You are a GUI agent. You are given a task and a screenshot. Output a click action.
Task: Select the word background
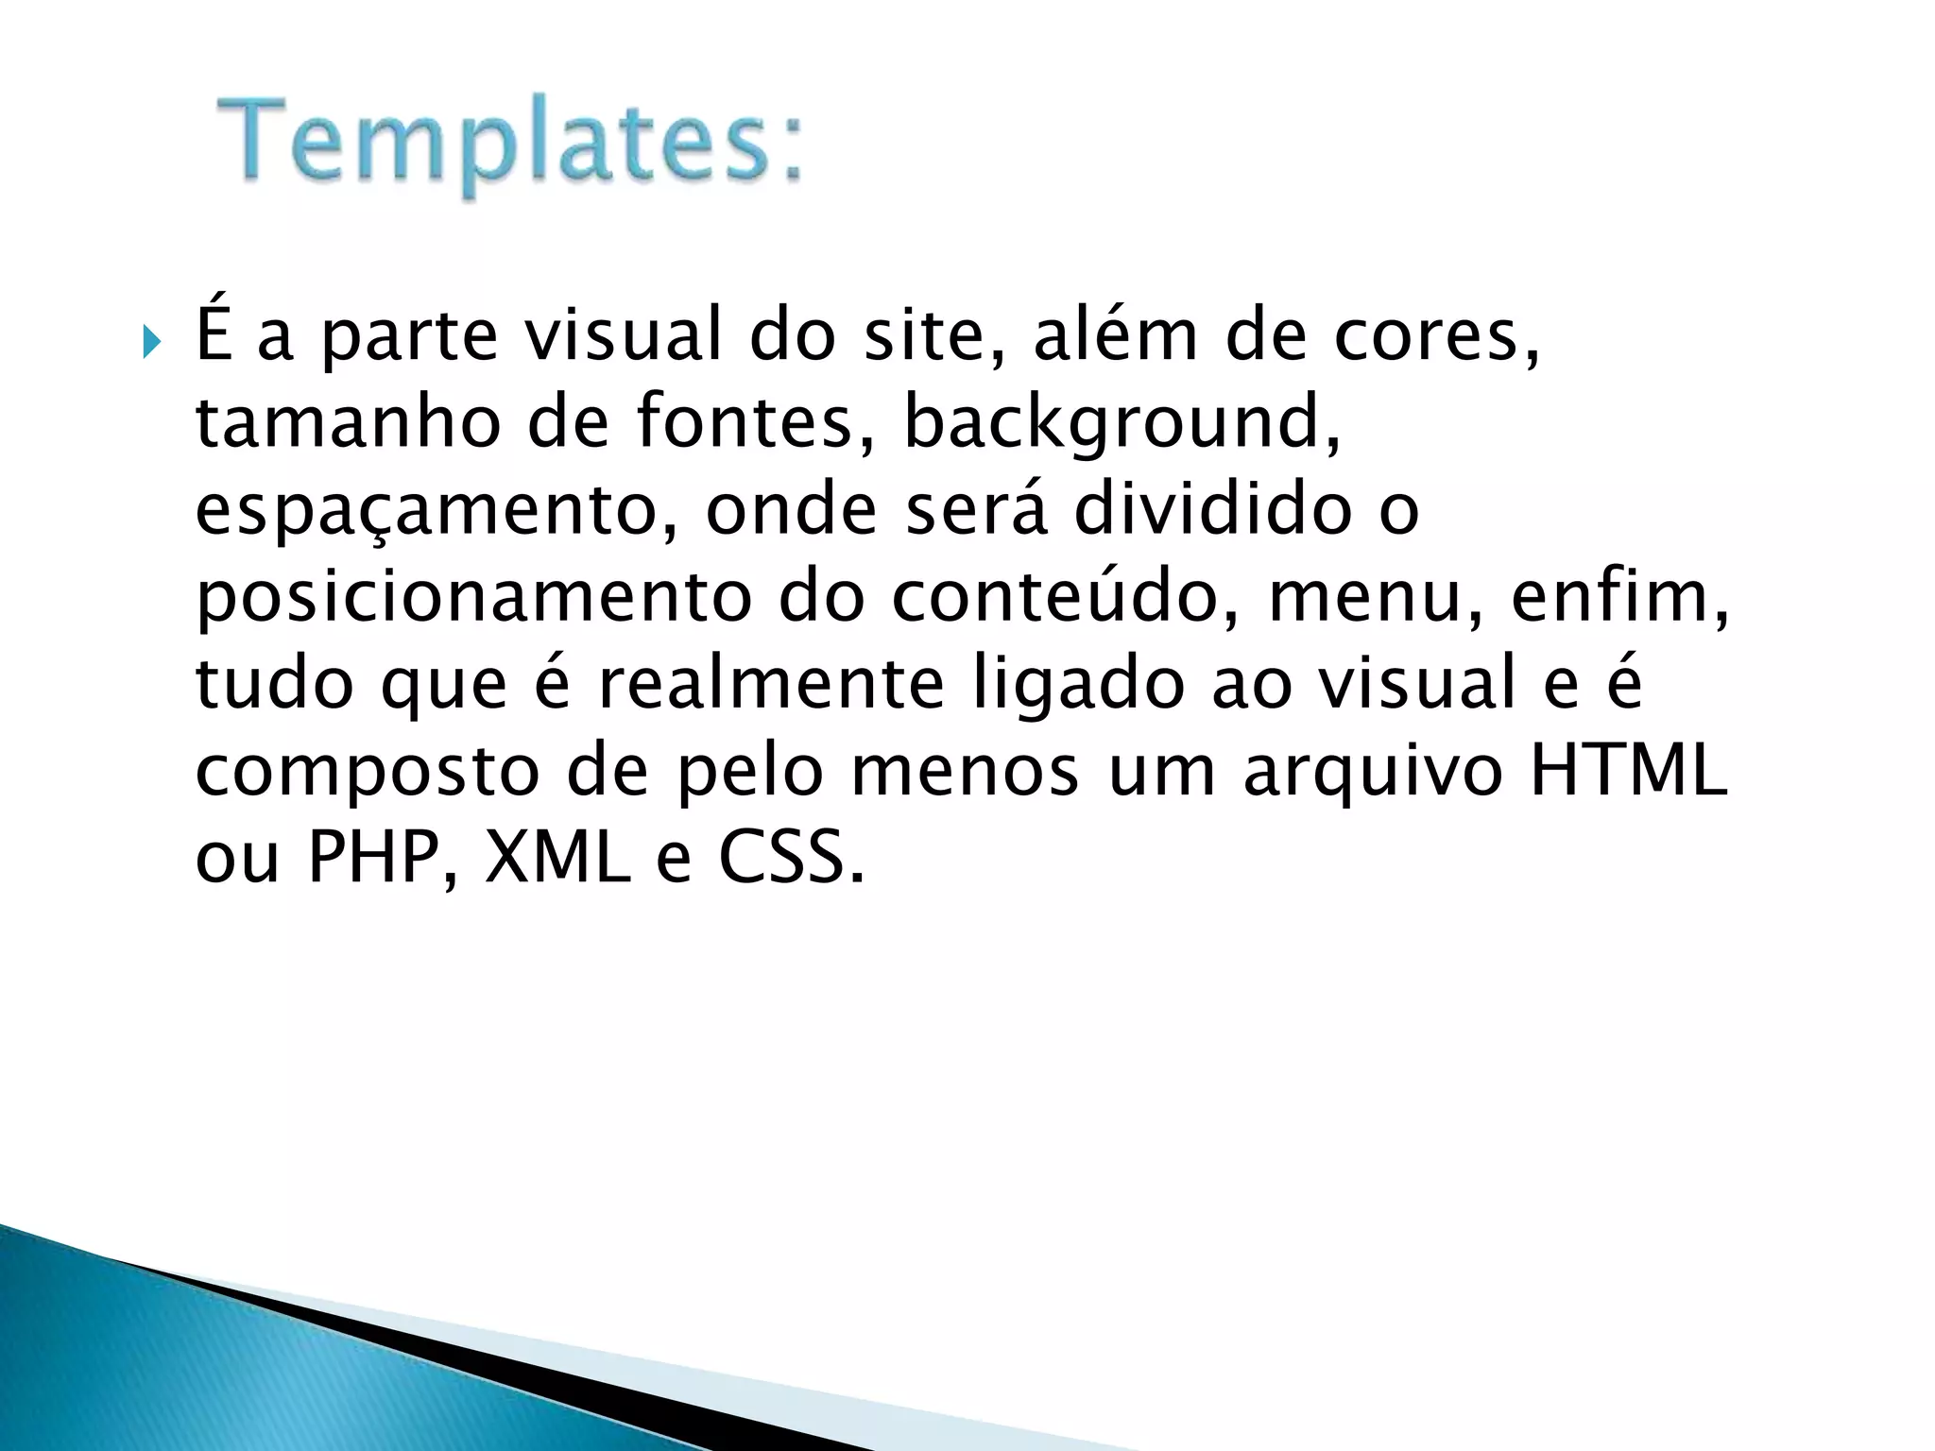coord(1121,422)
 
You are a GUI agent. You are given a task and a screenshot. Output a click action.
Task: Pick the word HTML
coord(1627,771)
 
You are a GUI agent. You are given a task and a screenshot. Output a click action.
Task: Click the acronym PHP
coord(382,858)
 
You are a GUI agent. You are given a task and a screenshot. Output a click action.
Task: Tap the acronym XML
coord(557,858)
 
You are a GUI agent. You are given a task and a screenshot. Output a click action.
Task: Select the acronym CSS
coord(790,858)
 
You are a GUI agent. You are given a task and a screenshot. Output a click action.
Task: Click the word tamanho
coord(348,422)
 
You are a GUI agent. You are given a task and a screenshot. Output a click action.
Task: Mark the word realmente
coord(771,684)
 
